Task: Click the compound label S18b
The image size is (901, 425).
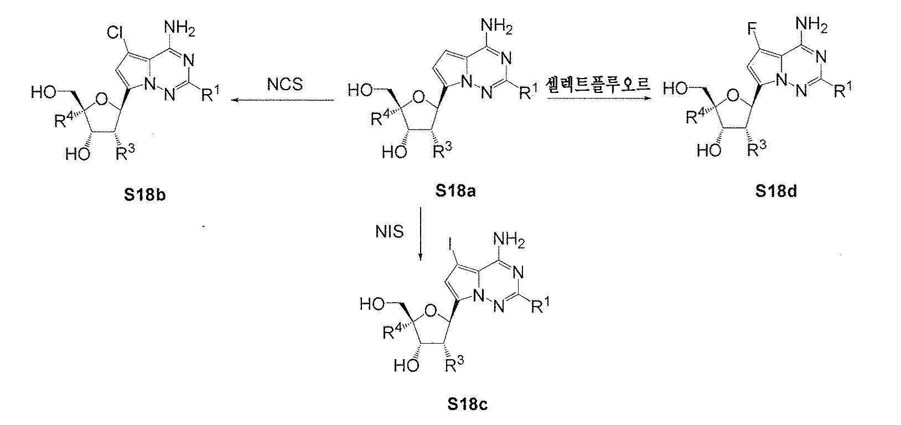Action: click(x=145, y=195)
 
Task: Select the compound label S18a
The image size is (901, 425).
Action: click(x=455, y=191)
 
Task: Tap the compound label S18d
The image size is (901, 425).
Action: click(x=776, y=191)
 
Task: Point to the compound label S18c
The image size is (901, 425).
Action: click(x=468, y=404)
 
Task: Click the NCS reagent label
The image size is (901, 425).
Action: click(x=285, y=85)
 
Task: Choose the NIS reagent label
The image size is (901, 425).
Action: click(x=390, y=232)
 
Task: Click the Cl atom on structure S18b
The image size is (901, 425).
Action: click(x=115, y=33)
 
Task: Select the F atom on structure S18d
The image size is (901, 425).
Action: click(x=752, y=29)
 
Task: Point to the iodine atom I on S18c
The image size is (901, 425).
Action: click(x=451, y=243)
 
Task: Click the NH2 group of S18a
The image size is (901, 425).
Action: click(x=497, y=27)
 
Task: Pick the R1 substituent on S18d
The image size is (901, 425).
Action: click(x=843, y=89)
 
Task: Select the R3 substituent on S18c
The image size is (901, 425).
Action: click(x=454, y=364)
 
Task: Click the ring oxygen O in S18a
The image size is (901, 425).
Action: click(x=419, y=97)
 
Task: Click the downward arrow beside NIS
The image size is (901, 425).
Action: click(x=420, y=234)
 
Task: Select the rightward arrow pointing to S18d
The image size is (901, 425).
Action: click(x=598, y=97)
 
